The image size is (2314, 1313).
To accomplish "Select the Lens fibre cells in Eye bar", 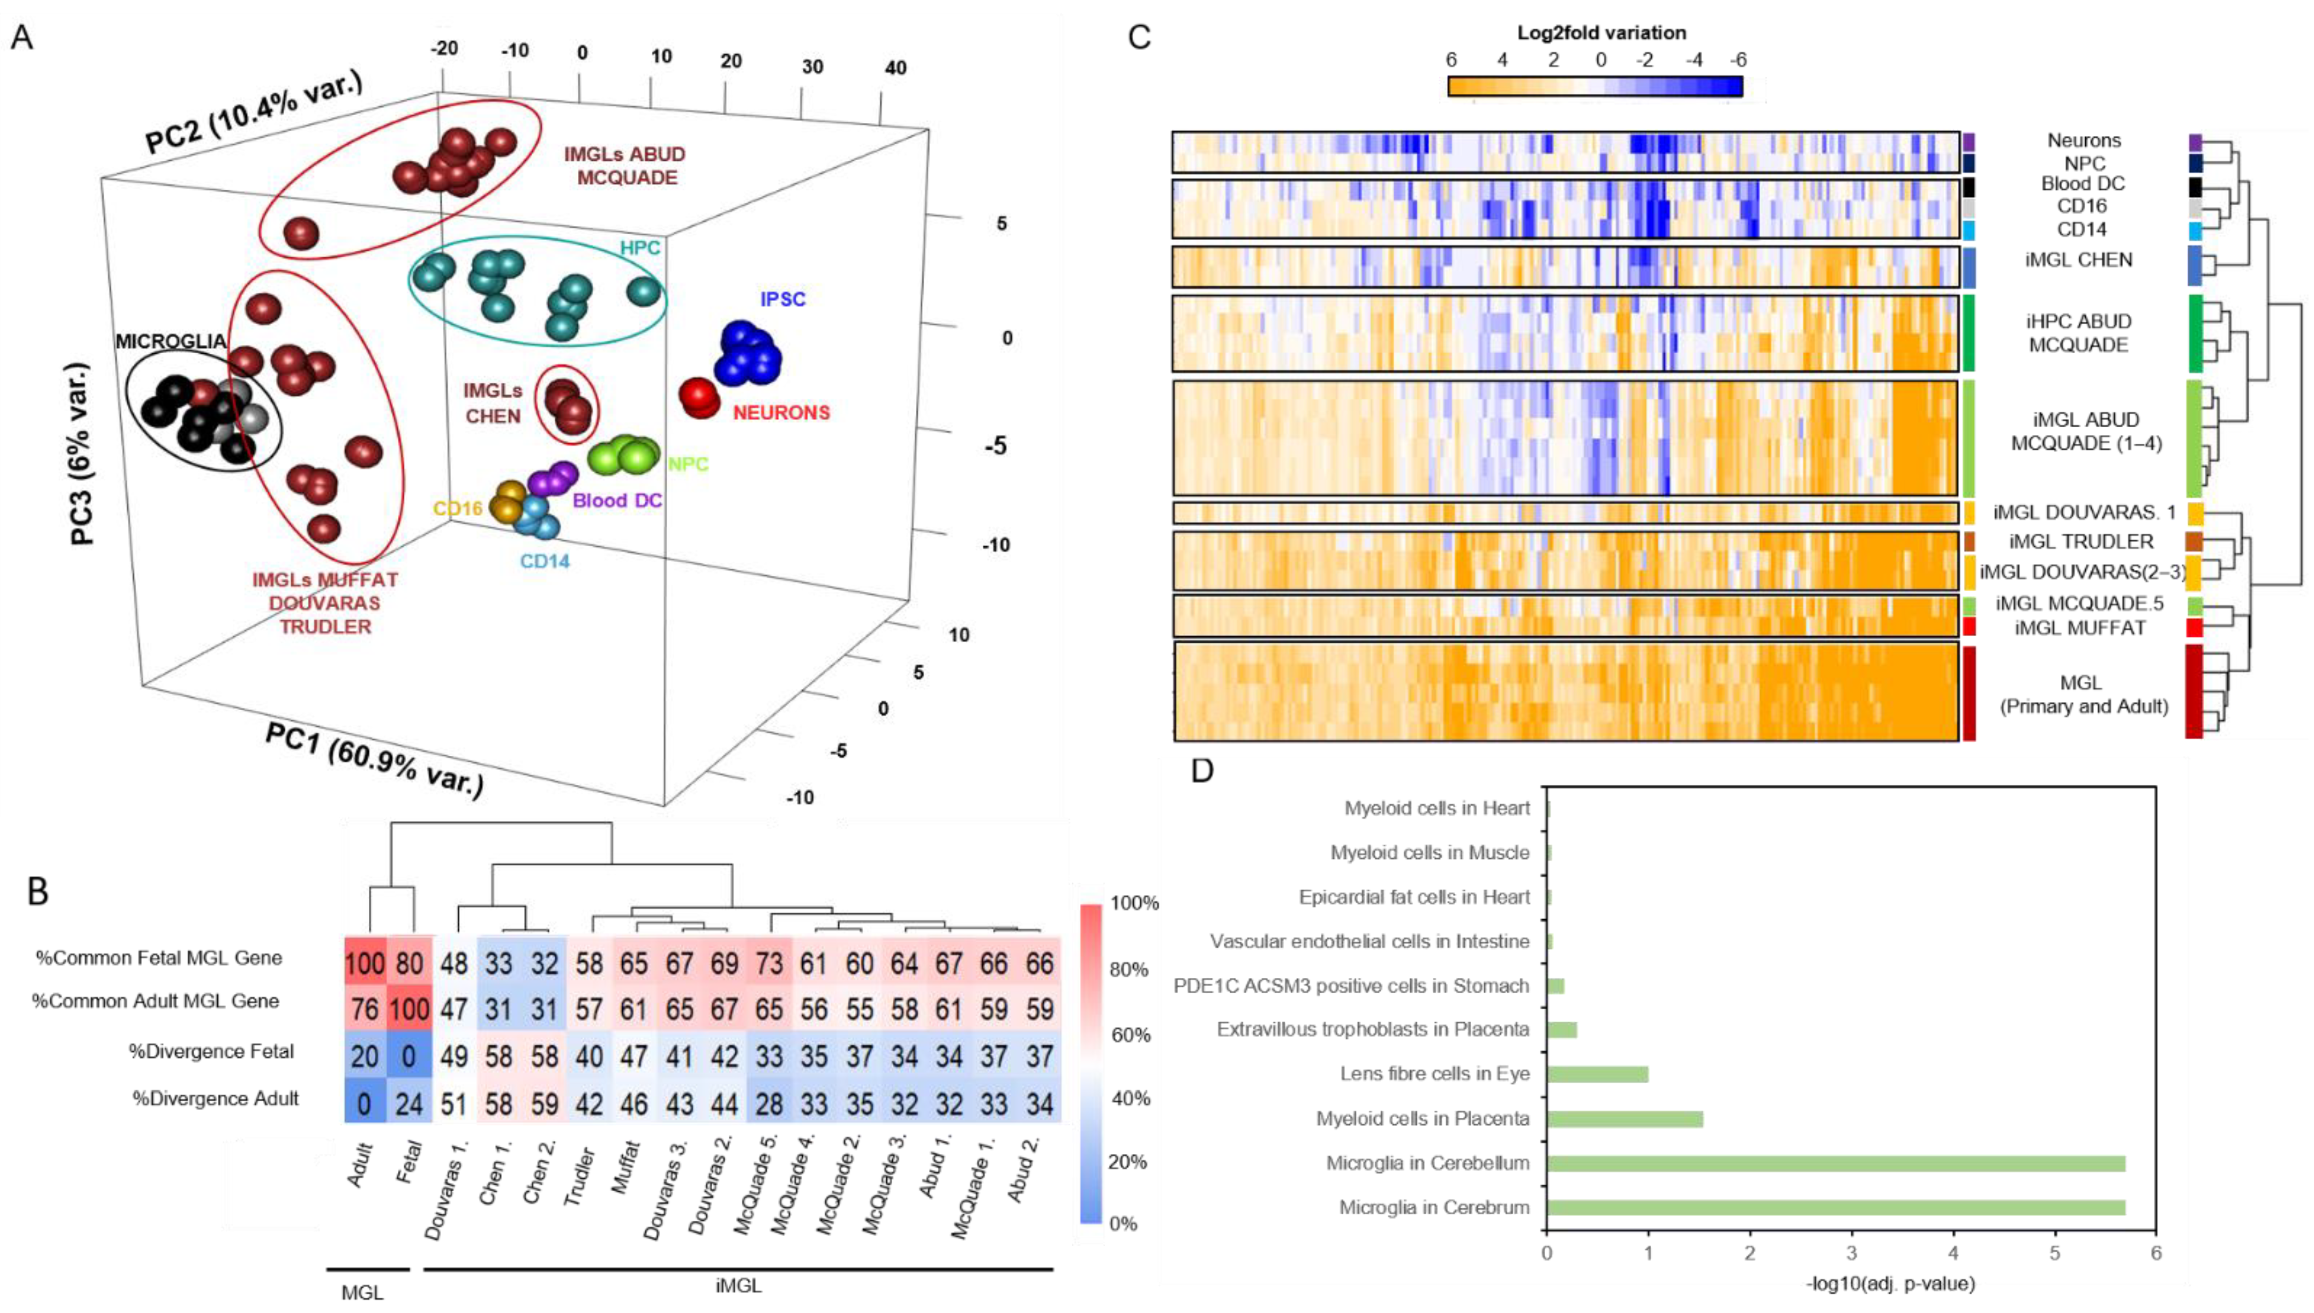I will (x=1597, y=1074).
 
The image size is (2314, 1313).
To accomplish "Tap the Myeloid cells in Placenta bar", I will (x=1624, y=1119).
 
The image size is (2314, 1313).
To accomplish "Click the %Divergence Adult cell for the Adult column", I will (x=364, y=1104).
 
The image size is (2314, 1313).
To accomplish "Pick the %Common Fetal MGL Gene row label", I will (x=159, y=958).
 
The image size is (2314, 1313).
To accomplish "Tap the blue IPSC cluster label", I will (x=782, y=298).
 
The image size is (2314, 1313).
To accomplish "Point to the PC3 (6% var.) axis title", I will (x=81, y=454).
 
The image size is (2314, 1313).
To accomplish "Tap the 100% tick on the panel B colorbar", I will (x=1134, y=903).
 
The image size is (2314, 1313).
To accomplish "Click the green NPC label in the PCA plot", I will (x=688, y=465).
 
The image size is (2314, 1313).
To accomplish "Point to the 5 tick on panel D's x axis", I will (x=2055, y=1253).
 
